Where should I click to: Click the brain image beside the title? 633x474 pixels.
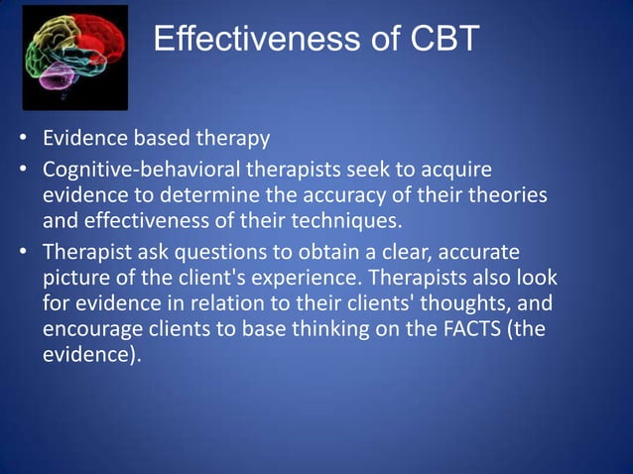pos(75,58)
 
